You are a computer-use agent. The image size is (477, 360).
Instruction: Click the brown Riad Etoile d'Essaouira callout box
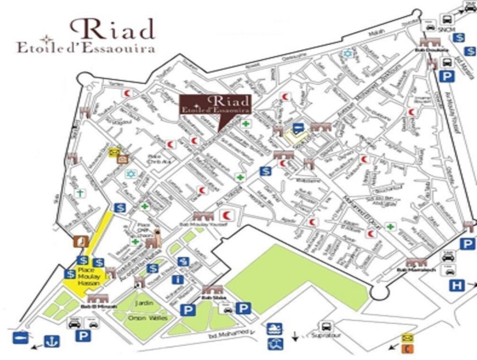pyautogui.click(x=216, y=104)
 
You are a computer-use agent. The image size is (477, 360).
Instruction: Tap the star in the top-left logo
pyautogui.click(x=46, y=40)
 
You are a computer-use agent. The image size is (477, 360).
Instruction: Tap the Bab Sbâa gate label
pyautogui.click(x=212, y=298)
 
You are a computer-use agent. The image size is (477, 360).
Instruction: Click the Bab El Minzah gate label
pyautogui.click(x=96, y=306)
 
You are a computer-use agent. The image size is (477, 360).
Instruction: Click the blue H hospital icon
pyautogui.click(x=457, y=286)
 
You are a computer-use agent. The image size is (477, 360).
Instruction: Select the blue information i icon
pyautogui.click(x=178, y=279)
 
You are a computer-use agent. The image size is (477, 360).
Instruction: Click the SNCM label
pyautogui.click(x=446, y=30)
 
